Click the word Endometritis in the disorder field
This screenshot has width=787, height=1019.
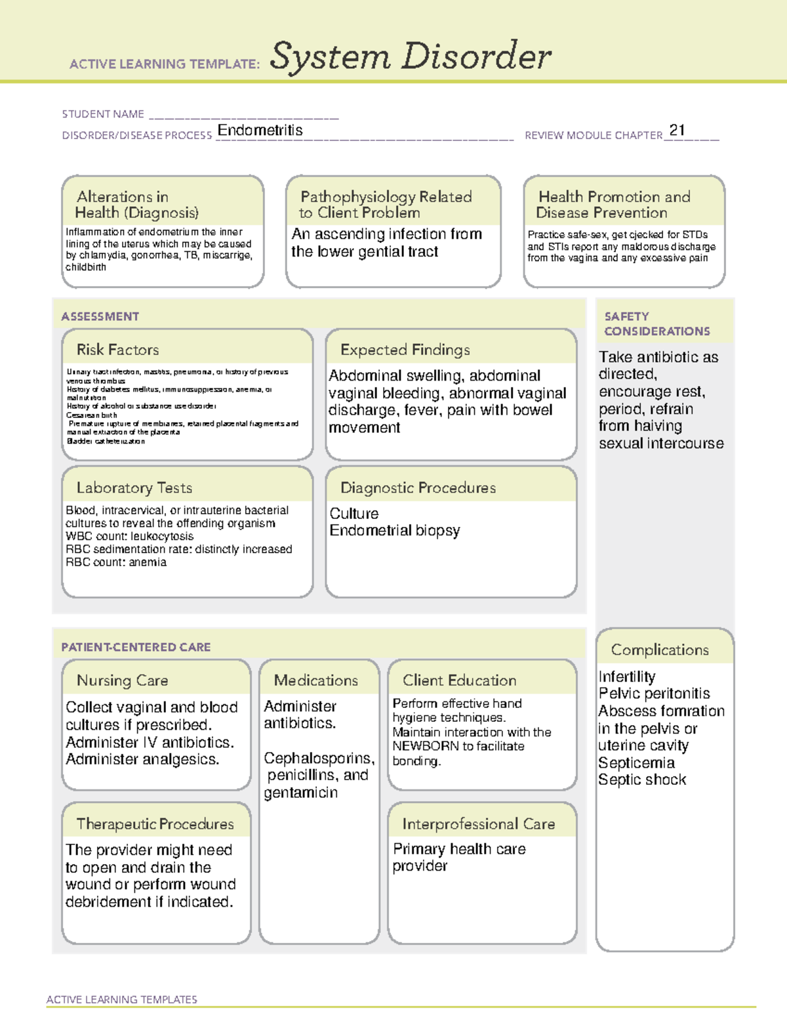click(260, 130)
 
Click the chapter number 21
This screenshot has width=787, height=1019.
click(677, 130)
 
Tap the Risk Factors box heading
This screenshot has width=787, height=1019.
click(117, 350)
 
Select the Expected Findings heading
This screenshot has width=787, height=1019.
click(405, 350)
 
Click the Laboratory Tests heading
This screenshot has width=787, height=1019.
click(134, 488)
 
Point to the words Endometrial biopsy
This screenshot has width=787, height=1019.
click(394, 530)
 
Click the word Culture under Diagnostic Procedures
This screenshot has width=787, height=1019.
click(353, 513)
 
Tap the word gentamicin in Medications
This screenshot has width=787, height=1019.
click(300, 793)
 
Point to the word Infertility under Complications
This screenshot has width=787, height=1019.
click(626, 676)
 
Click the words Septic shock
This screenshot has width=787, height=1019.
click(642, 780)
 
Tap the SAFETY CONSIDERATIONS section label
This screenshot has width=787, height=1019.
click(656, 323)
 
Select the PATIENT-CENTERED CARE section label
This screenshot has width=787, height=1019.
click(136, 647)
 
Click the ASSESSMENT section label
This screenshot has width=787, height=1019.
click(100, 316)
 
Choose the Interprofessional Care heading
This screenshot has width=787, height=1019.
click(478, 823)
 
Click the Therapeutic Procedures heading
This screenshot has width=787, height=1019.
click(155, 823)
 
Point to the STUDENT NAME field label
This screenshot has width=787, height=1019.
click(103, 114)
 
